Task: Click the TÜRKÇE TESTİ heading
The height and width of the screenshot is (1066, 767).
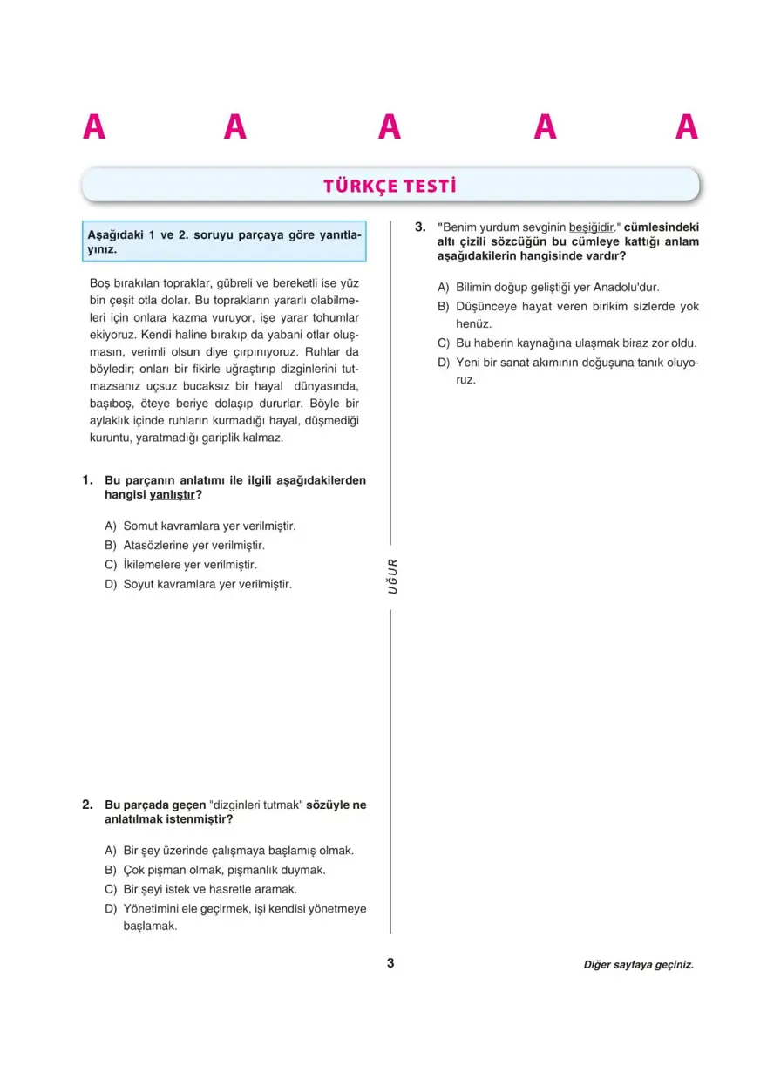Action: pos(390,187)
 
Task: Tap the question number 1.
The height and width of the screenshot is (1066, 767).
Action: pos(87,480)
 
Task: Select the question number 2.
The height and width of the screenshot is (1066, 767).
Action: pos(87,805)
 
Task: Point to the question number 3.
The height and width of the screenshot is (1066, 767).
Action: pos(419,227)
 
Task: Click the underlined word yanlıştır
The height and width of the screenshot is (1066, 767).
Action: pos(172,495)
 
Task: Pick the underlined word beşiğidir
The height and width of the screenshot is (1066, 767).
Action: pos(592,227)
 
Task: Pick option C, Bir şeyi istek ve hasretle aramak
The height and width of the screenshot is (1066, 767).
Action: pos(210,889)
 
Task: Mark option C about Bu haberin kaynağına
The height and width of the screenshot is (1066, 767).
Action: pos(575,343)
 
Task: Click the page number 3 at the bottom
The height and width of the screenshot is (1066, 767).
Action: pos(390,963)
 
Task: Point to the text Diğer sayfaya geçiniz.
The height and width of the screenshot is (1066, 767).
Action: pos(639,965)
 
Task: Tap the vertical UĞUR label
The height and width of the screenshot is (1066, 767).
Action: pos(392,576)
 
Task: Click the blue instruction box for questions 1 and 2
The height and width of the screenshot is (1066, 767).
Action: pos(224,241)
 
